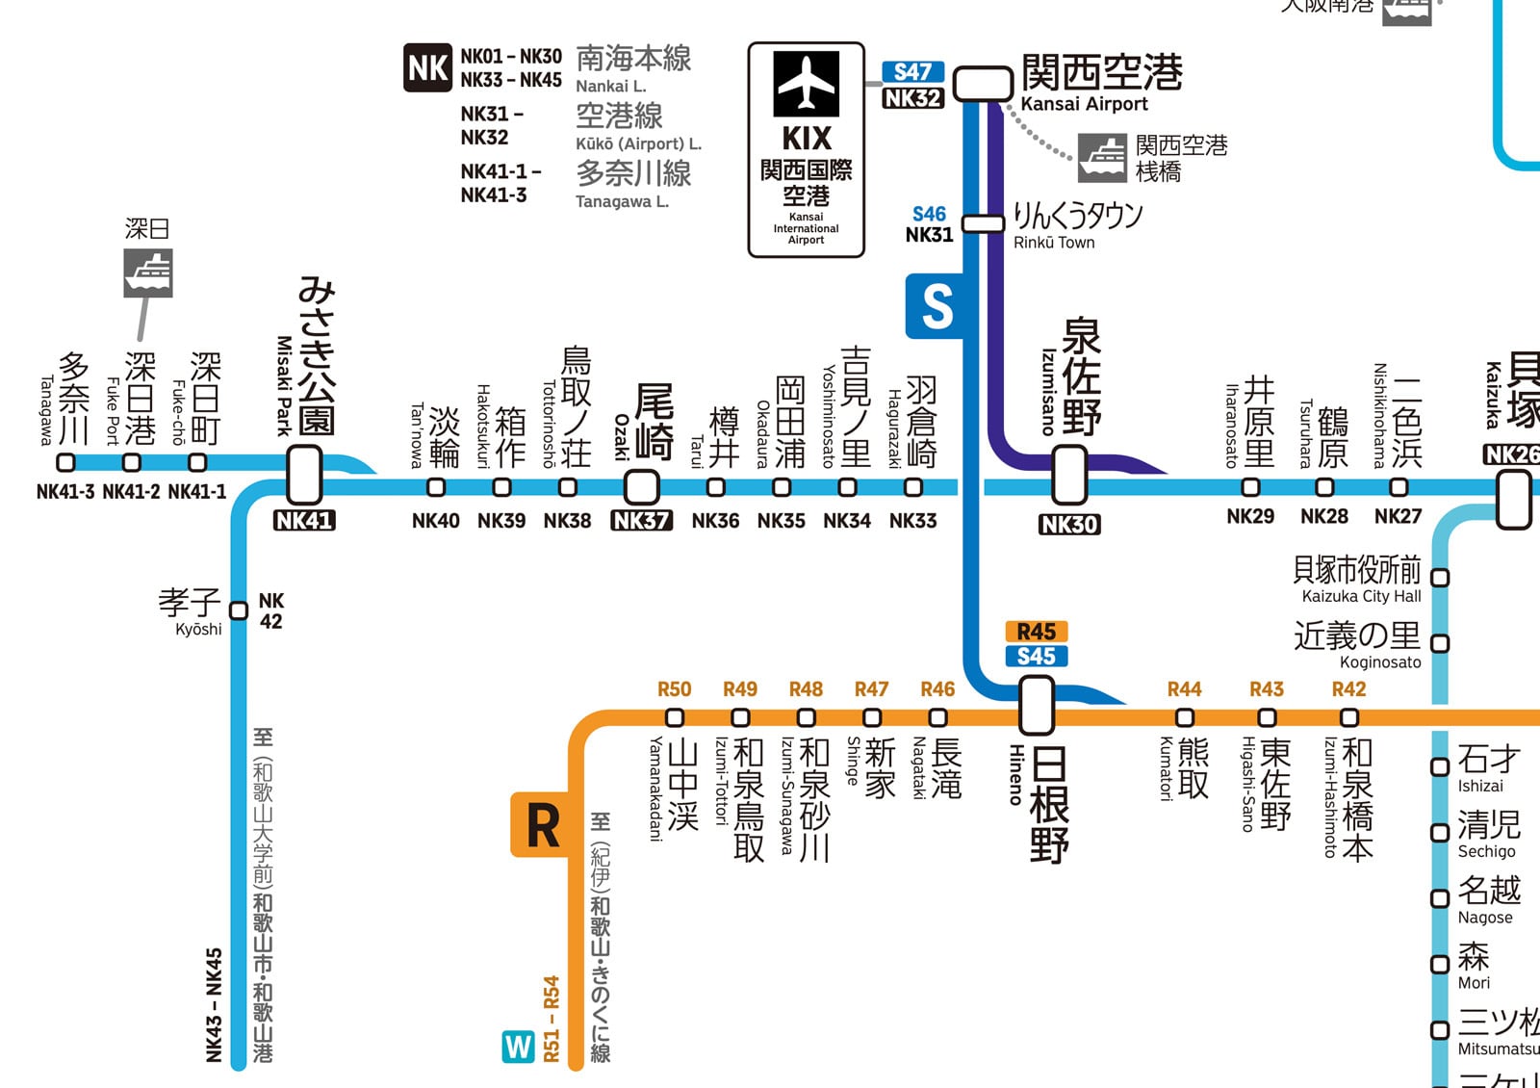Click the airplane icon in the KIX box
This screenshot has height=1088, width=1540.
coord(807,84)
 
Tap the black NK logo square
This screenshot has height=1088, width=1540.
coord(427,68)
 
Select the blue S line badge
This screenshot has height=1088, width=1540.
coord(936,306)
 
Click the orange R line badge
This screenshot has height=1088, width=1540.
coord(541,825)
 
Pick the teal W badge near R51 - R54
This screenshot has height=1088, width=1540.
coord(518,1047)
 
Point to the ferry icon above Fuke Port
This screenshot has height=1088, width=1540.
coord(148,272)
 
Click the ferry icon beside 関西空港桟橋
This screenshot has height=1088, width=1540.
coord(1102,158)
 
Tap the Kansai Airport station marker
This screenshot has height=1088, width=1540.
coord(983,84)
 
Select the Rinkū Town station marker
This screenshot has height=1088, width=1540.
coord(983,223)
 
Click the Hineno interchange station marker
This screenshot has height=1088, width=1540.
coord(1037,705)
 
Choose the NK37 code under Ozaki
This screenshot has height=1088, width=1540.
coord(642,521)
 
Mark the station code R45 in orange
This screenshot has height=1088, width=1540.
coord(1037,633)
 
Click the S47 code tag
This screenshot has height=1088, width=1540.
coord(912,72)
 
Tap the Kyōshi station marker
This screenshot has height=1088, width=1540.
coord(239,610)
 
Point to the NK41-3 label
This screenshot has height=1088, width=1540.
coord(65,492)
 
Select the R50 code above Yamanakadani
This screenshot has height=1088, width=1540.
coord(674,689)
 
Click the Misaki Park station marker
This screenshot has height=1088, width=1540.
coord(305,474)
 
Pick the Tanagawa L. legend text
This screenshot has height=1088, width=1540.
coord(622,201)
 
